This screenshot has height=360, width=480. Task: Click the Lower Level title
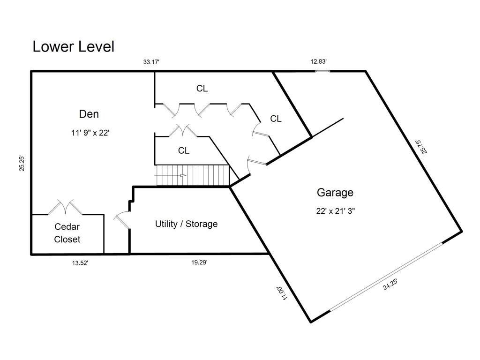(74, 47)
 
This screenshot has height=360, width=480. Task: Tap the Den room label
(89, 114)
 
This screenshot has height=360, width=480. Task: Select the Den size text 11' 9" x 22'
(90, 133)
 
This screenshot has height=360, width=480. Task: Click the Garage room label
(335, 193)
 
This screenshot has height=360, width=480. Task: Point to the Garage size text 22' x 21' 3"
(336, 211)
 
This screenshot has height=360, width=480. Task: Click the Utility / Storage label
(186, 224)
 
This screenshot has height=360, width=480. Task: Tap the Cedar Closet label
(67, 233)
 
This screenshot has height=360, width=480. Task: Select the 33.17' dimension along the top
(151, 62)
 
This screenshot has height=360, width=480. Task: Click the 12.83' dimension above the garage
(318, 61)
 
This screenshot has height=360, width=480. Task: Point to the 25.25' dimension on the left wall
(22, 163)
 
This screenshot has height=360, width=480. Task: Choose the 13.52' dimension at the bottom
(80, 263)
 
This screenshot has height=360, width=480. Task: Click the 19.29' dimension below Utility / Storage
(199, 262)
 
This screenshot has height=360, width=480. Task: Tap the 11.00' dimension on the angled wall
(282, 293)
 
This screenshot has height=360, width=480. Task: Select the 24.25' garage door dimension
(390, 285)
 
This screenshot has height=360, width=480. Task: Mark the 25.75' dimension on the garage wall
(421, 147)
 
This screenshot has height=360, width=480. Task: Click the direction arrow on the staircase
(170, 175)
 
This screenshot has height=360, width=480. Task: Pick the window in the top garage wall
(322, 71)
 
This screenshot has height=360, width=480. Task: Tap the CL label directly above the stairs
(184, 150)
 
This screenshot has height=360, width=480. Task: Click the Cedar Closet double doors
(65, 207)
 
